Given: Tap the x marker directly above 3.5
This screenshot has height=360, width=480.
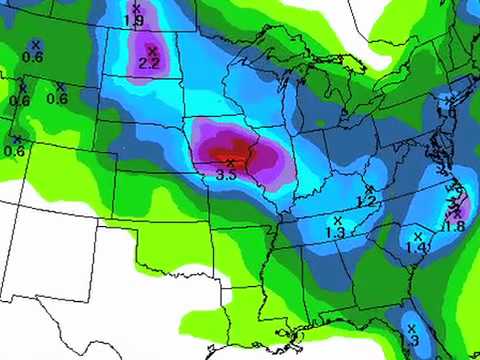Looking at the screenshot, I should pyautogui.click(x=230, y=162).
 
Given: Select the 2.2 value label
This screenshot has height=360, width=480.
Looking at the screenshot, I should pyautogui.click(x=150, y=63).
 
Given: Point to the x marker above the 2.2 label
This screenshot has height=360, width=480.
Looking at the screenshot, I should pyautogui.click(x=152, y=51).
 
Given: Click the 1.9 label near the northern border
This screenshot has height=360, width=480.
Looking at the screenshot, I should pyautogui.click(x=133, y=20).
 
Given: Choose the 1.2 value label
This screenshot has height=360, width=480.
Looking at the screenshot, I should pyautogui.click(x=366, y=202).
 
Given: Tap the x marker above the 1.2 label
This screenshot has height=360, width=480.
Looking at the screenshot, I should pyautogui.click(x=369, y=190).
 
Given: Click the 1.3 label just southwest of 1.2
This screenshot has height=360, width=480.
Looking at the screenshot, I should pyautogui.click(x=335, y=232).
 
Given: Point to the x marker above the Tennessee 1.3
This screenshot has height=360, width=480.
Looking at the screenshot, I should pyautogui.click(x=337, y=220).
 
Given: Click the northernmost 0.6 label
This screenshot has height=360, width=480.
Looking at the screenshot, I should pyautogui.click(x=33, y=57).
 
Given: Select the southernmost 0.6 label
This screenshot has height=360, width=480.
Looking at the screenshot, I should pyautogui.click(x=14, y=151).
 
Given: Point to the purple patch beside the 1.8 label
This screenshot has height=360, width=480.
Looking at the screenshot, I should pyautogui.click(x=462, y=211).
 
